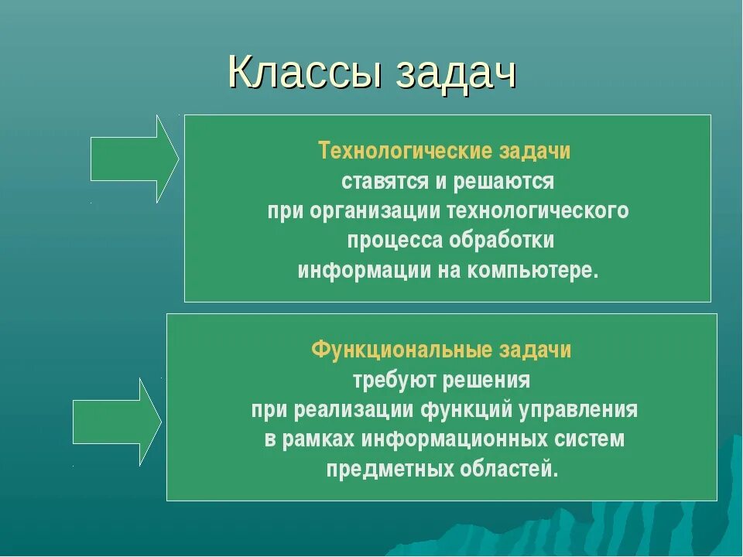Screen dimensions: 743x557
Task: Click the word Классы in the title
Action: coord(305,73)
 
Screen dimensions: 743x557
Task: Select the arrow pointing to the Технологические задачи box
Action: coord(135,159)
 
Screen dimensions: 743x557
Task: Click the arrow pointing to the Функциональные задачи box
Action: coord(118,422)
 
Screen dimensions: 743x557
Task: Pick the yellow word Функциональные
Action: coord(402,350)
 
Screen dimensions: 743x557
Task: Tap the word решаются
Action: coord(503,182)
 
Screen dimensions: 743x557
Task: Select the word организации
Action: coord(375,211)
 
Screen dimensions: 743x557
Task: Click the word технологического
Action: coord(539,211)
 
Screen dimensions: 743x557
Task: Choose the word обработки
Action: coord(502,240)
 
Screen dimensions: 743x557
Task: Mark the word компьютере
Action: coord(533,272)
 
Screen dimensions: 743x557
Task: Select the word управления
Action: coord(578,410)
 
